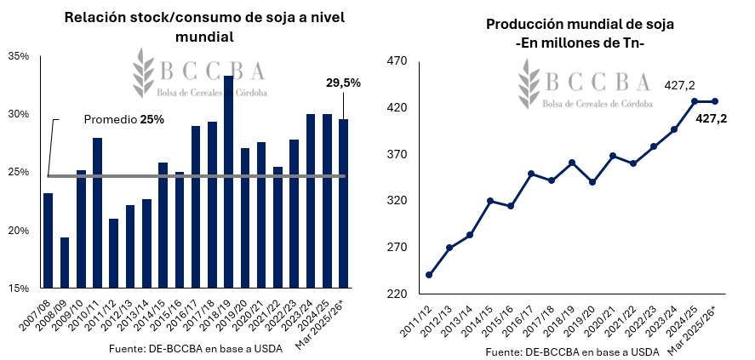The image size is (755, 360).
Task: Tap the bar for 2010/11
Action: (x=98, y=213)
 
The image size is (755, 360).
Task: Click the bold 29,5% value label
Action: (x=343, y=83)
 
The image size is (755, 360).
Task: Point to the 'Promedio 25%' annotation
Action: (x=123, y=120)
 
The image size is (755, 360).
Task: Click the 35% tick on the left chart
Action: (x=18, y=56)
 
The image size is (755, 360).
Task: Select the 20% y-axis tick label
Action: (x=18, y=231)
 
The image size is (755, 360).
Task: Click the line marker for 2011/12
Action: (x=429, y=275)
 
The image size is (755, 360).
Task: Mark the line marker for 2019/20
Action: (x=592, y=182)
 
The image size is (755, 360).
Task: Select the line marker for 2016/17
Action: (x=531, y=174)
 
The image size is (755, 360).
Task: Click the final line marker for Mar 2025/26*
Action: (x=715, y=101)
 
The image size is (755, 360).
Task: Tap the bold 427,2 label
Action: (x=711, y=119)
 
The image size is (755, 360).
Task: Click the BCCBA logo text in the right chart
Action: (x=596, y=80)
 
